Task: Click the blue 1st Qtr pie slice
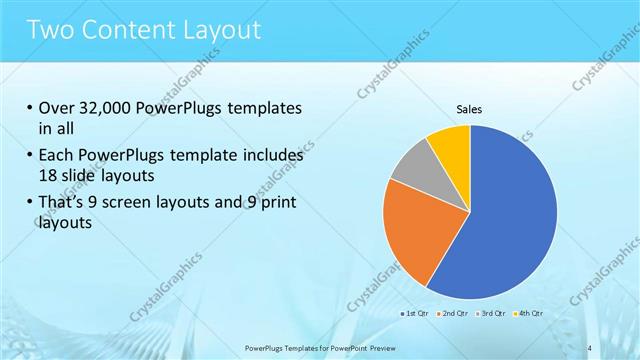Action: click(510, 215)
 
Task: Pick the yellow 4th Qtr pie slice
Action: click(451, 142)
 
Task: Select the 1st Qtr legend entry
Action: click(417, 314)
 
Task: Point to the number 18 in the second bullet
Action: click(50, 176)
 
